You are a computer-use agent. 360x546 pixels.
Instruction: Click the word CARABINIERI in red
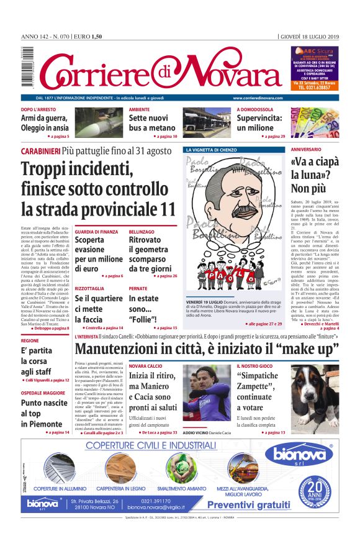pos(40,151)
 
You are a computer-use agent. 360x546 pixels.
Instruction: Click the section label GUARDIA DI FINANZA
pos(96,231)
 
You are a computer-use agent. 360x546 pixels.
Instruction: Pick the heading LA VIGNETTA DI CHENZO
pos(214,150)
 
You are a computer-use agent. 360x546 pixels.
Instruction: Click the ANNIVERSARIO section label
pos(306,150)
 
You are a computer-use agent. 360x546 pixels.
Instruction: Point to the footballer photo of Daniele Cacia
pos(205,395)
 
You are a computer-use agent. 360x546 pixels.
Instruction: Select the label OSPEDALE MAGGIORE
pos(43,392)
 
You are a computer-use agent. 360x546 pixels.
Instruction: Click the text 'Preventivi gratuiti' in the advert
pos(248,504)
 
